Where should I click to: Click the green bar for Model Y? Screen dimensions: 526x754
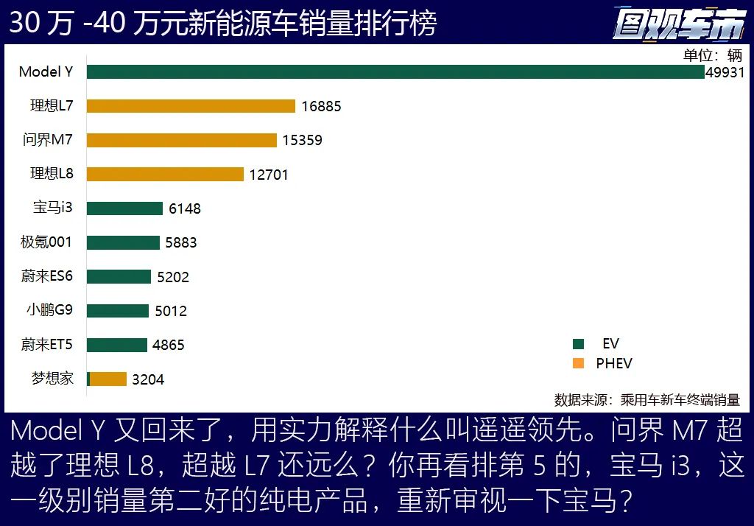pyautogui.click(x=395, y=72)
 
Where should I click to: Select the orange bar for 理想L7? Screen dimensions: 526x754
pyautogui.click(x=191, y=106)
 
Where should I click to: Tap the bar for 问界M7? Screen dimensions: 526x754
pyautogui.click(x=182, y=140)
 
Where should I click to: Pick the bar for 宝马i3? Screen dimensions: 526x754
pyautogui.click(x=124, y=208)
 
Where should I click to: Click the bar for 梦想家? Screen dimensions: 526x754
pyautogui.click(x=108, y=379)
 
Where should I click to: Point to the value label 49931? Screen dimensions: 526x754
pyautogui.click(x=725, y=72)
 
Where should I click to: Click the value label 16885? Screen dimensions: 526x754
pyautogui.click(x=321, y=106)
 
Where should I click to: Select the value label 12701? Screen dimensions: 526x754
pyautogui.click(x=269, y=175)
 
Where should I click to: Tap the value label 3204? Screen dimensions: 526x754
pyautogui.click(x=148, y=380)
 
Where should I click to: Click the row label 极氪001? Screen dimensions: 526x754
pyautogui.click(x=46, y=242)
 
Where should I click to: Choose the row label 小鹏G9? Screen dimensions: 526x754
pyautogui.click(x=49, y=310)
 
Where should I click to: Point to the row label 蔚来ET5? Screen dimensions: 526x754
pyautogui.click(x=47, y=344)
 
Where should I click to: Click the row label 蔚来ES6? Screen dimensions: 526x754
pyautogui.click(x=47, y=276)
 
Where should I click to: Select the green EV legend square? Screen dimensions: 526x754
pyautogui.click(x=578, y=344)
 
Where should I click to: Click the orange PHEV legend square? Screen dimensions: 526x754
pyautogui.click(x=578, y=363)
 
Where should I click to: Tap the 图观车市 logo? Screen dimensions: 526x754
pyautogui.click(x=678, y=23)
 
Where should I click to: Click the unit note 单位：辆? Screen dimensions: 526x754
pyautogui.click(x=712, y=56)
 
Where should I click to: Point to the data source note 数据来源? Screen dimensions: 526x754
pyautogui.click(x=646, y=400)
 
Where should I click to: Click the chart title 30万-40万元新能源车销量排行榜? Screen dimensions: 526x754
pyautogui.click(x=222, y=23)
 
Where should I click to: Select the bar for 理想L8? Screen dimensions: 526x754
pyautogui.click(x=165, y=175)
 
